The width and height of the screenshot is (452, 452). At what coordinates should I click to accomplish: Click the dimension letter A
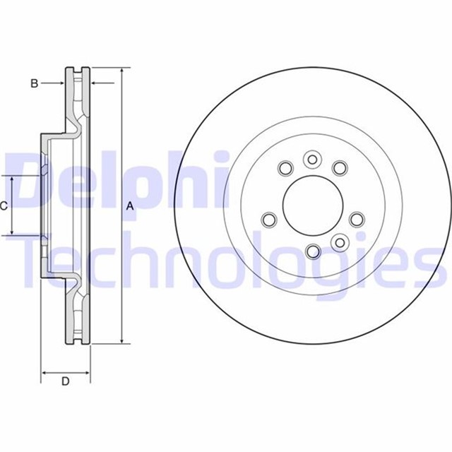pyautogui.click(x=129, y=206)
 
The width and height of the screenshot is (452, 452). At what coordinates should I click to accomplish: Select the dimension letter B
pyautogui.click(x=33, y=84)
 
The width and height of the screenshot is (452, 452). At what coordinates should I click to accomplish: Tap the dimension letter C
pyautogui.click(x=4, y=206)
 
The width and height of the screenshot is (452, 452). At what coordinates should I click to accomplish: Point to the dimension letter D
pyautogui.click(x=65, y=382)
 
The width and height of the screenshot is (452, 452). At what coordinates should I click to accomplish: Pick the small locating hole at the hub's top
pyautogui.click(x=311, y=160)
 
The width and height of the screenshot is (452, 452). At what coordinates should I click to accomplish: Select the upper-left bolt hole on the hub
pyautogui.click(x=285, y=168)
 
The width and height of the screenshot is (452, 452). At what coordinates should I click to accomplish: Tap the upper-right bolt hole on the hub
pyautogui.click(x=340, y=168)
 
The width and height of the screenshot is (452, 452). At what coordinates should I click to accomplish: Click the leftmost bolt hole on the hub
pyautogui.click(x=269, y=220)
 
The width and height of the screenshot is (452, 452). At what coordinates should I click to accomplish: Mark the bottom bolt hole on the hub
pyautogui.click(x=311, y=250)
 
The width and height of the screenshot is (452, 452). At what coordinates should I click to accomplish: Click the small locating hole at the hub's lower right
pyautogui.click(x=339, y=243)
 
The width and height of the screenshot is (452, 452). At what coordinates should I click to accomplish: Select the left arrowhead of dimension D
pyautogui.click(x=45, y=371)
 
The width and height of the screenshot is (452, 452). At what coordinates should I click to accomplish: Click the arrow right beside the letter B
pyautogui.click(x=62, y=84)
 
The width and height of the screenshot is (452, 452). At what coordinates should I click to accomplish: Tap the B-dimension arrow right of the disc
pyautogui.click(x=95, y=84)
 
